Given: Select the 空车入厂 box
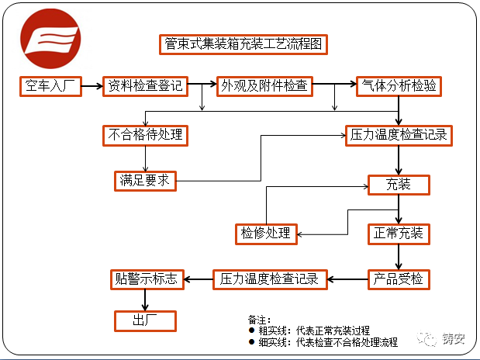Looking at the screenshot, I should coord(50,86).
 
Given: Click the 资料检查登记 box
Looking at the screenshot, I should coord(146,86).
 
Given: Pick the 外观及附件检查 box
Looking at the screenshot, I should coord(264,86).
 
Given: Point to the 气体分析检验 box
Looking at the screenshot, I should coord(398,86).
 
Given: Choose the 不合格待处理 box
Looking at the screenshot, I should coord(146,135).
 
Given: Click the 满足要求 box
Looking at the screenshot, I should coord(144,181).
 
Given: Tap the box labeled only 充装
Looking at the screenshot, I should coord(399,185).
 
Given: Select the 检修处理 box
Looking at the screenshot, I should coord(265,233).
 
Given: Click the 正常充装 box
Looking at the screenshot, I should coord(399,233).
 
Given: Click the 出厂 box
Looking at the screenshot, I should coord(146,320).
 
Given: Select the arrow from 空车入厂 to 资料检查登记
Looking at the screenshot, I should coord(92,86).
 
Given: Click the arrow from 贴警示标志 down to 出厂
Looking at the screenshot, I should coord(146,300).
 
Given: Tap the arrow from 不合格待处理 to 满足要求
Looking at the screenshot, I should coord(146,158).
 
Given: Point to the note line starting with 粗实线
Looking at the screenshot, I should coord(310,331).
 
